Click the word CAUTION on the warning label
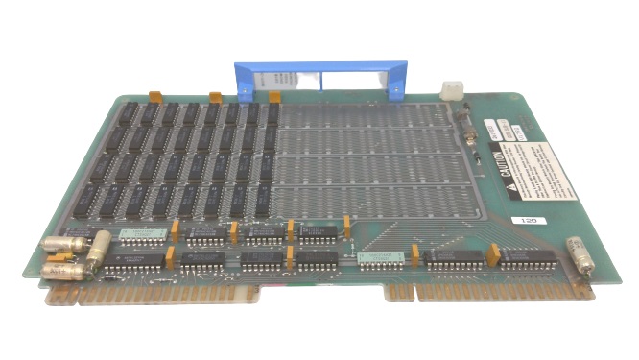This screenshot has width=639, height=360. [499, 160]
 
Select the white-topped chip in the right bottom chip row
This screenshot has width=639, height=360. [378, 257]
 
